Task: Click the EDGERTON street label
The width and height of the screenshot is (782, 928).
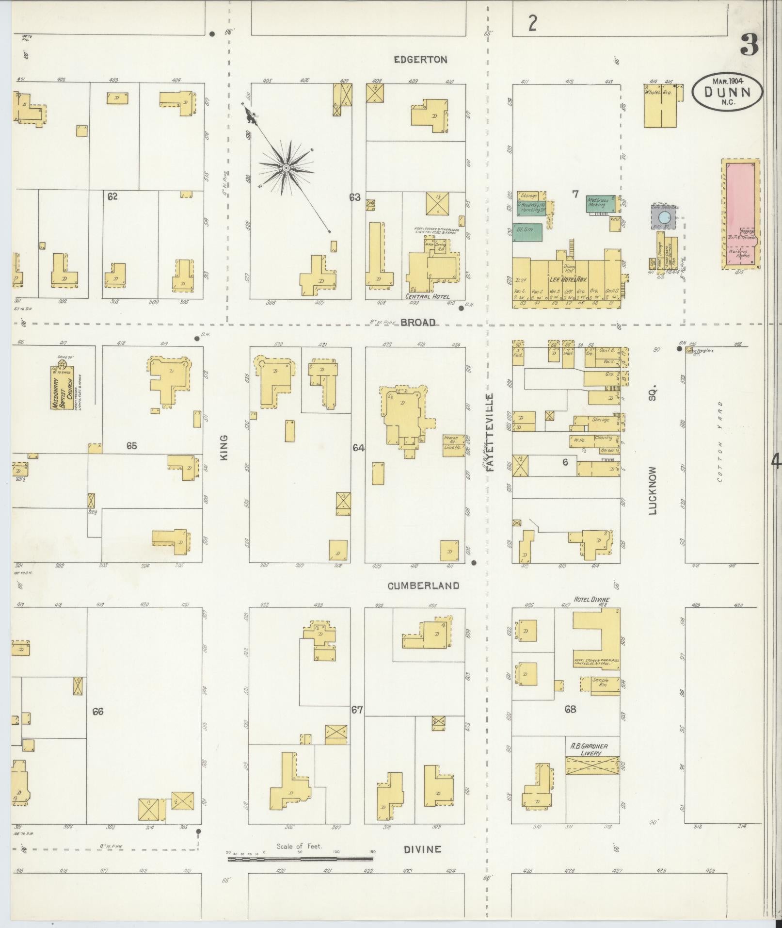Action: click(420, 60)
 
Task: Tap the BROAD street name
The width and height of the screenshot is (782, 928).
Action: click(418, 323)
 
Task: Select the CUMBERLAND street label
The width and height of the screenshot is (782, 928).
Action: click(423, 586)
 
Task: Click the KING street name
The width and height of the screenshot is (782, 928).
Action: click(223, 447)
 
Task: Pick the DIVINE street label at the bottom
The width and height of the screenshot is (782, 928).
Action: click(423, 849)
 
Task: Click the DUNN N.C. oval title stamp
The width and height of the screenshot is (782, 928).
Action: click(726, 91)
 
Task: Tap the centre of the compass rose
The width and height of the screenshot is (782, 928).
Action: click(286, 168)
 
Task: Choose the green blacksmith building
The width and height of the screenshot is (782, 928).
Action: click(527, 232)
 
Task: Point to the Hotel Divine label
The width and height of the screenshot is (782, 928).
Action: click(590, 600)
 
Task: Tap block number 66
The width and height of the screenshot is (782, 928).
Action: click(98, 711)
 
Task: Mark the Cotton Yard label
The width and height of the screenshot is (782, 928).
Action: click(720, 441)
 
